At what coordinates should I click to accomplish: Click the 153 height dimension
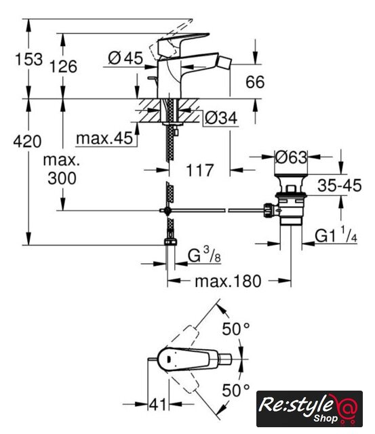[x=28, y=59]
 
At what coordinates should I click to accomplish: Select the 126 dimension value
[x=63, y=66]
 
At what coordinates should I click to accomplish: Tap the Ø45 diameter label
[x=125, y=58]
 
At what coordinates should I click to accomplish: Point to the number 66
[x=255, y=82]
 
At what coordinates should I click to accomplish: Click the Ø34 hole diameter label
[x=221, y=118]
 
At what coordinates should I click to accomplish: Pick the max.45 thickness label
[x=104, y=138]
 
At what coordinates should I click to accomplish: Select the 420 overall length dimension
[x=27, y=142]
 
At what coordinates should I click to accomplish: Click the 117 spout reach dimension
[x=200, y=170]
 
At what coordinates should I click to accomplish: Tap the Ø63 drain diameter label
[x=291, y=157]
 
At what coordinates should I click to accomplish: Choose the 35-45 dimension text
[x=340, y=185]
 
